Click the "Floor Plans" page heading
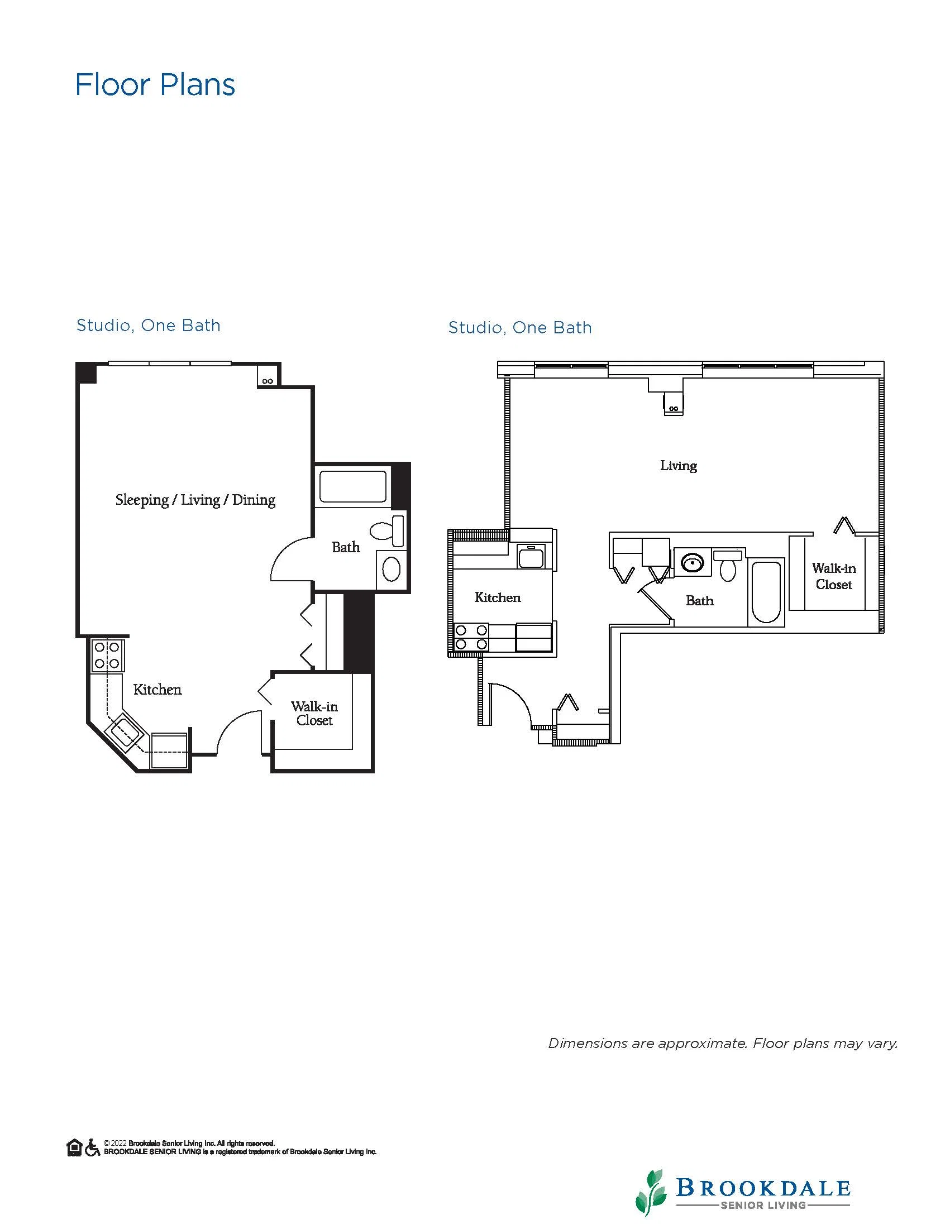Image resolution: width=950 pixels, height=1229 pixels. click(155, 85)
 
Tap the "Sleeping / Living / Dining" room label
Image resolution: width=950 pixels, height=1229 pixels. click(195, 500)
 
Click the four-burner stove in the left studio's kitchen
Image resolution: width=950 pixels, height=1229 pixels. click(107, 655)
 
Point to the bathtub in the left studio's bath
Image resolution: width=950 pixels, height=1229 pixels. click(353, 486)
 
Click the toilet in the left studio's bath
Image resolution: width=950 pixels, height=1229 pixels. click(387, 530)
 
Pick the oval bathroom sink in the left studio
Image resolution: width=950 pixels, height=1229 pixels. click(391, 570)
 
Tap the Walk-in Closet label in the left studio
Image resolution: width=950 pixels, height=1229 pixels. click(314, 713)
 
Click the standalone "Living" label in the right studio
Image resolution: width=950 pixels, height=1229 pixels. click(678, 466)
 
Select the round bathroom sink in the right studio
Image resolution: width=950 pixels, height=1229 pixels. click(692, 562)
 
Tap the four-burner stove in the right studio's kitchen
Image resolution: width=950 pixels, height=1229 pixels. click(471, 638)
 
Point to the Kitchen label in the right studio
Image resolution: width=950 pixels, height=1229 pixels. click(498, 597)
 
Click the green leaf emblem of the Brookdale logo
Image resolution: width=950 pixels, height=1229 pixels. click(653, 1192)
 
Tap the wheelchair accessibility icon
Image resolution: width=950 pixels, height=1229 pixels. click(92, 1147)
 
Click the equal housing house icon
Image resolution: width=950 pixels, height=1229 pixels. click(74, 1147)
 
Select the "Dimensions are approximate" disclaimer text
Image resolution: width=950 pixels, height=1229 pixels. click(723, 1043)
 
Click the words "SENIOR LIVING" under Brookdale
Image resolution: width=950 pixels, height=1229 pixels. click(762, 1205)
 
